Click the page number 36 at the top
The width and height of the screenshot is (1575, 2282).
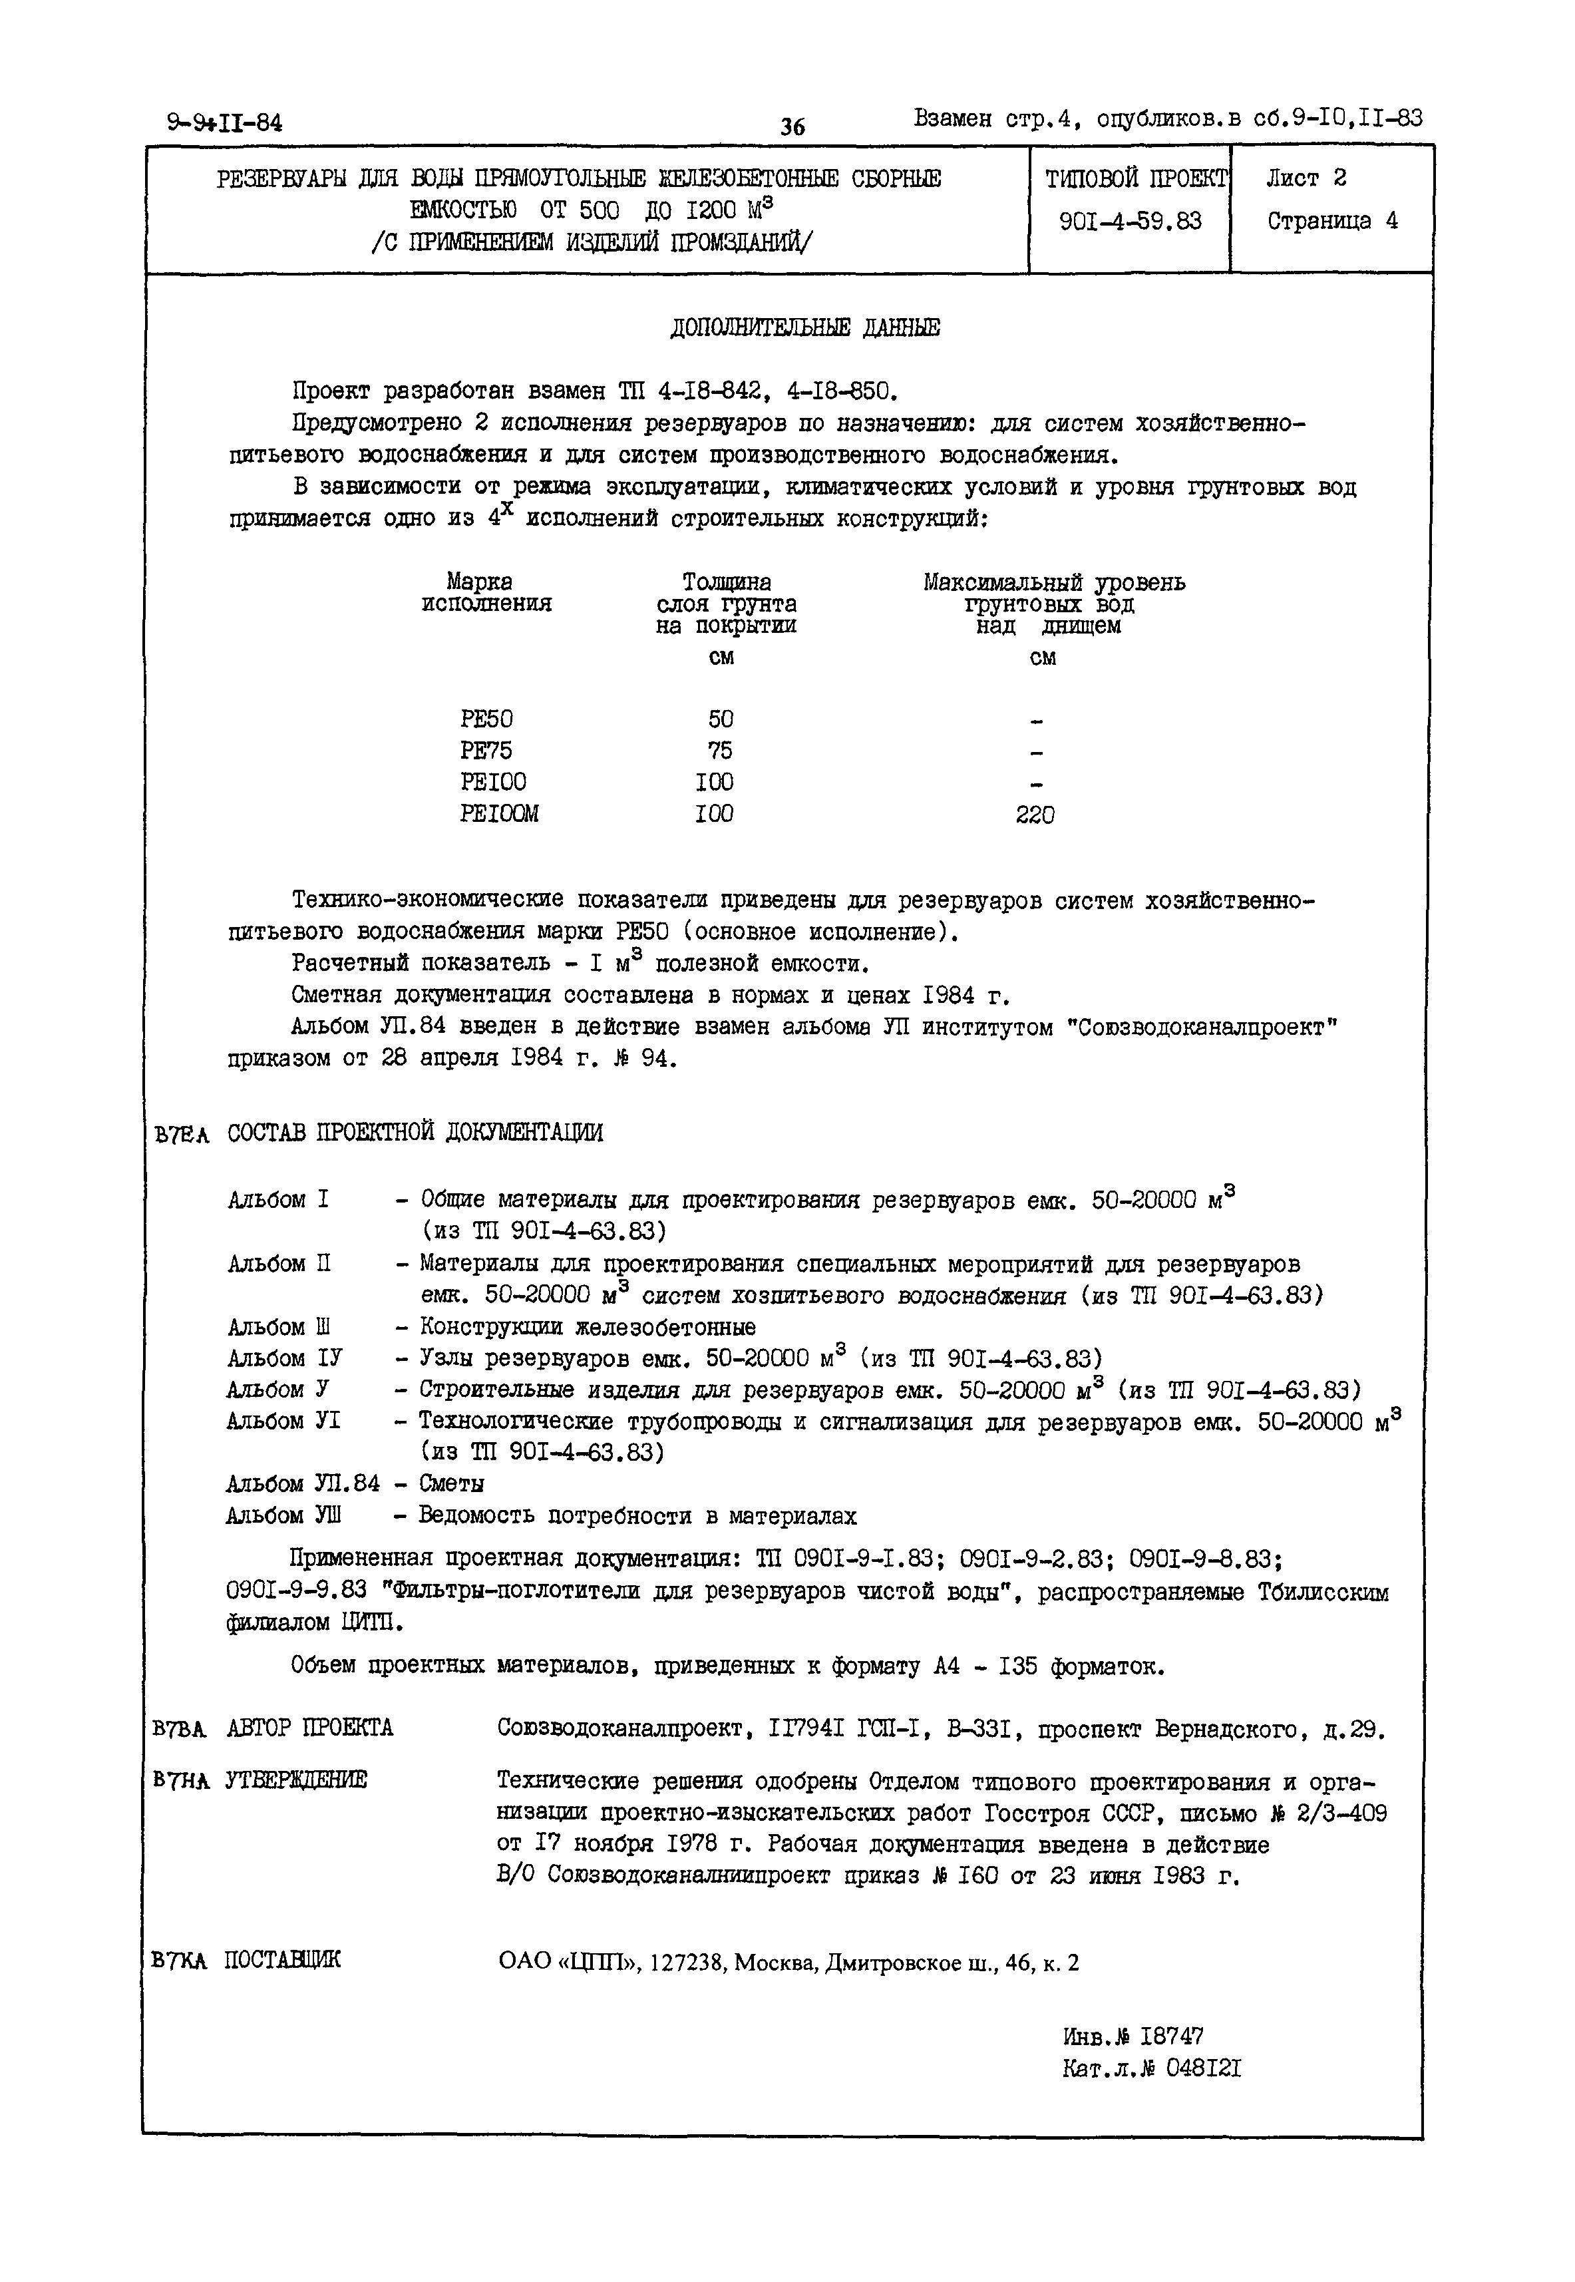tap(792, 126)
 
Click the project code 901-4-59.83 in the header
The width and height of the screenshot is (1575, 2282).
tap(1130, 221)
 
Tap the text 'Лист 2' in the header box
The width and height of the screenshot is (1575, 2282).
tap(1307, 178)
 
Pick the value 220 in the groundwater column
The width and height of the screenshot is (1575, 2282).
tap(1035, 815)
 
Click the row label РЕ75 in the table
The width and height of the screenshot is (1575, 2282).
tap(486, 750)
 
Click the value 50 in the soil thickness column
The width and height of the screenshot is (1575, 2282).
tap(721, 719)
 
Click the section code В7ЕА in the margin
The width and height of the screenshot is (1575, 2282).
tap(182, 1135)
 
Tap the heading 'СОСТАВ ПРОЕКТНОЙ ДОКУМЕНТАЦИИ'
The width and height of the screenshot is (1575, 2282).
tap(415, 1132)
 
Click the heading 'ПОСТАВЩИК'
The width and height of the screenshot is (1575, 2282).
tap(283, 1959)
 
